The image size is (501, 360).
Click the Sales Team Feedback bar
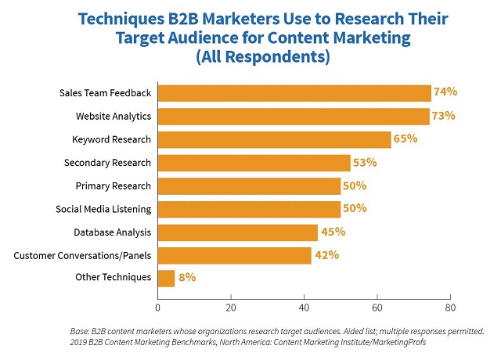tap(294, 93)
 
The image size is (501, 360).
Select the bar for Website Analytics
tap(294, 117)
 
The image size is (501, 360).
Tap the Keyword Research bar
tap(274, 139)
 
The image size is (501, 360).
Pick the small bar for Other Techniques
tap(167, 278)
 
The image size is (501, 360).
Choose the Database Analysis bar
tap(238, 232)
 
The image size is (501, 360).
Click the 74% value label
tap(445, 92)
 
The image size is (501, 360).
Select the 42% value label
tap(326, 254)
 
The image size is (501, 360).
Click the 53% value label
tap(365, 163)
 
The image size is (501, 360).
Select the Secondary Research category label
tap(107, 163)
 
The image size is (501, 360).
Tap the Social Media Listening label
tap(103, 209)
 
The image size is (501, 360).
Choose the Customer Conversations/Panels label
tap(83, 255)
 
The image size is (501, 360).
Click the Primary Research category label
tap(112, 185)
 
